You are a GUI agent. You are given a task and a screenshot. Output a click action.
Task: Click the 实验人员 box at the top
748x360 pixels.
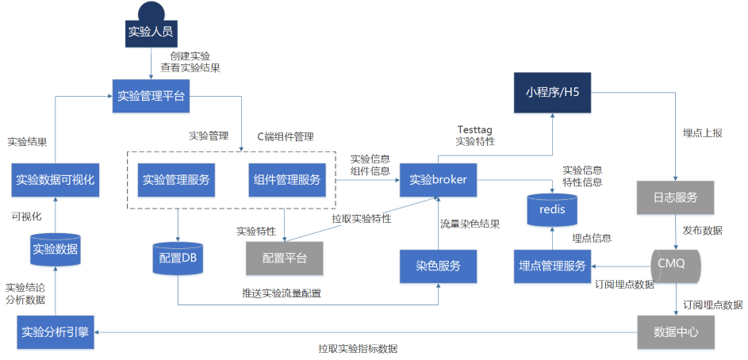coord(150,33)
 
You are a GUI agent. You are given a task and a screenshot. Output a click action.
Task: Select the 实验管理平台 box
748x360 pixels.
coord(151,97)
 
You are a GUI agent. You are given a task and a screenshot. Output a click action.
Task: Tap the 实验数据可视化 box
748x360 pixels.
coord(55,180)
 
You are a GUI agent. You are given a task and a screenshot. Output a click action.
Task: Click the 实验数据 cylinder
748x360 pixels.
coord(55,250)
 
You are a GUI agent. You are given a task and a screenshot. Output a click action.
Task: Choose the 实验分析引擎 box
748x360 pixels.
coord(56,331)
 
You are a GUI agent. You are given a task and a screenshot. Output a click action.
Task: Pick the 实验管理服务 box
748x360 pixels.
coord(177,179)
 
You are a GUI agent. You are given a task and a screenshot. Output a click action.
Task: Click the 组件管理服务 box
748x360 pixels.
coord(287,179)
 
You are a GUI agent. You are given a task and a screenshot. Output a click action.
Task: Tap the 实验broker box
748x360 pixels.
coord(438,180)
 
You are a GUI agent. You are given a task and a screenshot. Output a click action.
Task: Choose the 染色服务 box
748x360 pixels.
coord(438,265)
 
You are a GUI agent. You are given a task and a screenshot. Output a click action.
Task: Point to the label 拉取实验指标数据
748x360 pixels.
coord(359,349)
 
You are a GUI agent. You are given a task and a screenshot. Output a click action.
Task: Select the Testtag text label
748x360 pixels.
coord(474,129)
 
